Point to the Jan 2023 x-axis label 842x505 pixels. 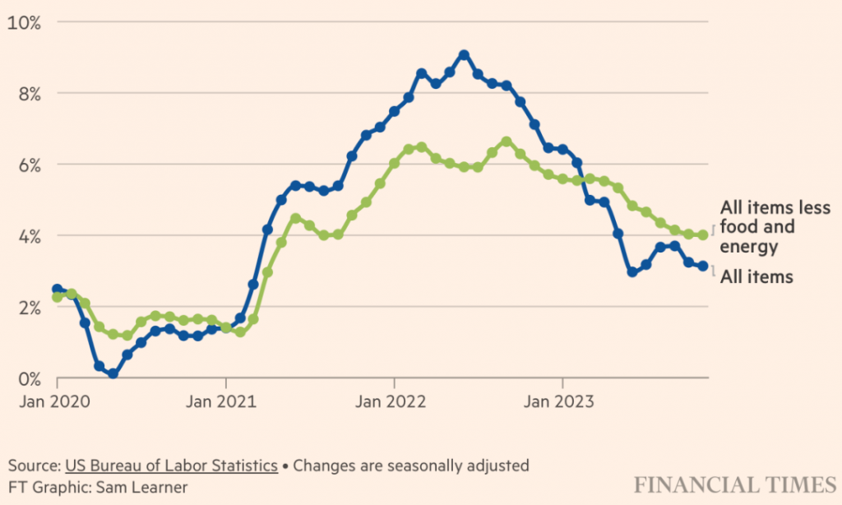coord(562,402)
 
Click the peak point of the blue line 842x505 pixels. coord(465,55)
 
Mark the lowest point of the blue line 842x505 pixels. coord(113,373)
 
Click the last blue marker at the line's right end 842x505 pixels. coord(703,266)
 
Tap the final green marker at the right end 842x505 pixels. coord(703,235)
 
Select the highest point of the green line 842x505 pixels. coord(507,141)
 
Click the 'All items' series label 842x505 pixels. coord(756,277)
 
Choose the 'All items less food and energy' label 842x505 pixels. coord(775,226)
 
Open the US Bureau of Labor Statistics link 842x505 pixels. coord(171,466)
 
